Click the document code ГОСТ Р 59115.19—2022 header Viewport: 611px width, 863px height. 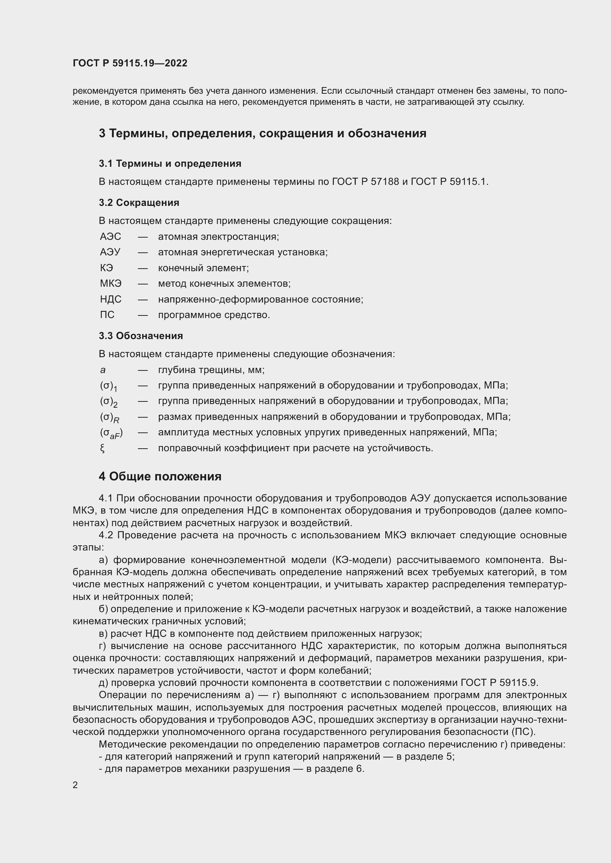tap(130, 63)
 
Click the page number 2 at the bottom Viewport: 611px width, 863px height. tap(75, 785)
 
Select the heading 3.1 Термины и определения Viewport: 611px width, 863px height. tap(170, 163)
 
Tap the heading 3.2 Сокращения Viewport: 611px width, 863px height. tap(139, 203)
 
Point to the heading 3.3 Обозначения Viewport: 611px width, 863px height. tap(141, 336)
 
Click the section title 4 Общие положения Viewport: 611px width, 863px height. tap(160, 477)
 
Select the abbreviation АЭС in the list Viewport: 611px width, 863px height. tap(110, 237)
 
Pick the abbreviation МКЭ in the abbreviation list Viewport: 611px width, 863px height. tap(110, 283)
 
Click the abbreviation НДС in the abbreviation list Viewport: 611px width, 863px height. tap(110, 299)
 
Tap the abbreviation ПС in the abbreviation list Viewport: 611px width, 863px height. tap(107, 315)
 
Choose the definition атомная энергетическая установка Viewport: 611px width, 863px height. tap(243, 252)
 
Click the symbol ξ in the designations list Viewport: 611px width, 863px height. tap(102, 448)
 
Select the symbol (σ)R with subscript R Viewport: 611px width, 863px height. tap(109, 418)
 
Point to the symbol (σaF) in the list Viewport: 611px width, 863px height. tap(111, 434)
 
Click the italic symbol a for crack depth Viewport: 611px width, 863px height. tap(103, 370)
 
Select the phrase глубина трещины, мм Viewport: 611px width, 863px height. tap(211, 370)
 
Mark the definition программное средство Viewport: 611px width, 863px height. tap(214, 315)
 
